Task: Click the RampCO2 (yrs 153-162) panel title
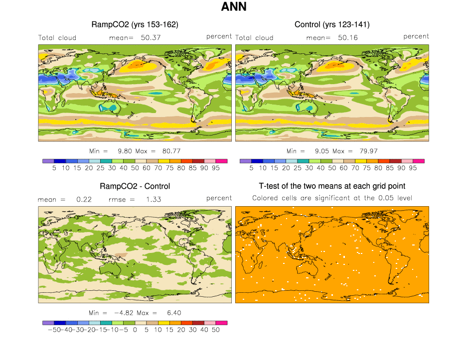coord(135,24)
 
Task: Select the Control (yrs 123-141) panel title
coord(332,24)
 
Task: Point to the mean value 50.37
coord(151,37)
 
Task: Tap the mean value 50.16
coord(348,37)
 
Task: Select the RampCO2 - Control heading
coord(135,186)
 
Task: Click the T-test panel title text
coord(332,186)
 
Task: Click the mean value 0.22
coord(81,199)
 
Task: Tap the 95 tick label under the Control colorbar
coord(413,168)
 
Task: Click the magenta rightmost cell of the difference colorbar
coord(222,323)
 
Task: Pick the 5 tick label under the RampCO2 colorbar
coord(54,168)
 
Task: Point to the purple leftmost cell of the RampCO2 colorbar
coord(48,161)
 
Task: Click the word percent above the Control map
coord(416,36)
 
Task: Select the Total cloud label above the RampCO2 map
coord(57,38)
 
